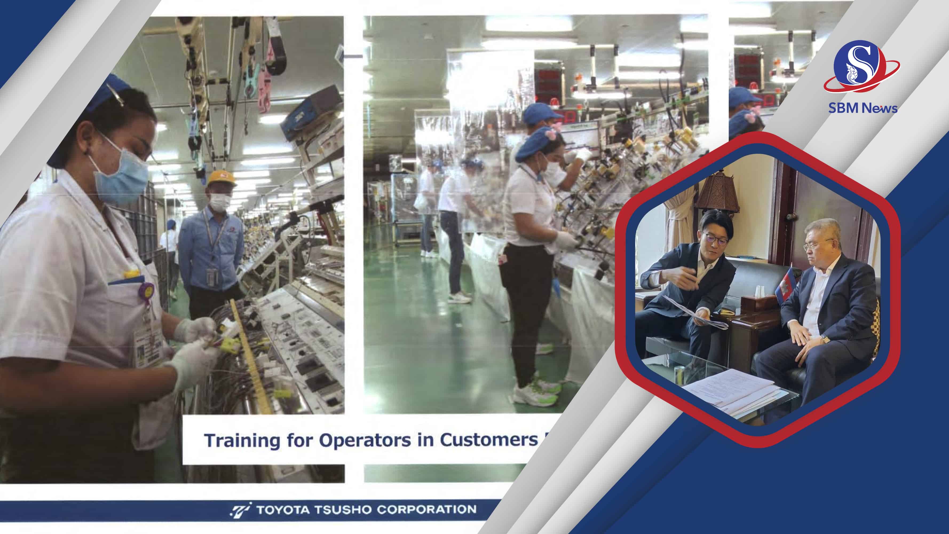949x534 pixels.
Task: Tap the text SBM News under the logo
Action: click(x=863, y=108)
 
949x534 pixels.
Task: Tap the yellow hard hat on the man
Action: click(x=221, y=178)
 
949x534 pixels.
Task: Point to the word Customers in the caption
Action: click(x=488, y=440)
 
